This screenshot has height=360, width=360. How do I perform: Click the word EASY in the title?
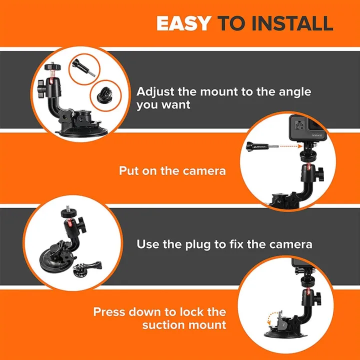183,23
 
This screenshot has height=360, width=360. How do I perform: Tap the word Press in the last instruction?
109,312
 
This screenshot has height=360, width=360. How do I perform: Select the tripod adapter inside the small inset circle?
102,93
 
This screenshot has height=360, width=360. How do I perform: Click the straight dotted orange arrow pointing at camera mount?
283,146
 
